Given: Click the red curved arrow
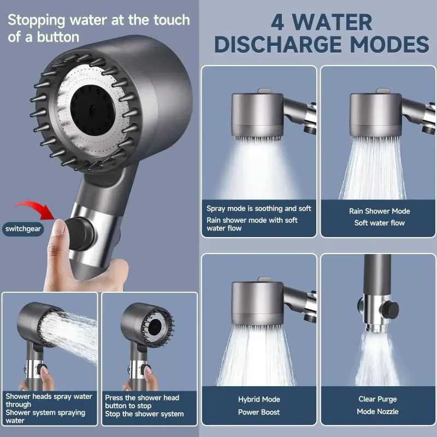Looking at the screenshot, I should coord(33,208).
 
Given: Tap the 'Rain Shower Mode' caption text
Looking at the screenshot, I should coord(379,211).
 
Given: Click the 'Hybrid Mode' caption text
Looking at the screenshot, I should coord(259,399).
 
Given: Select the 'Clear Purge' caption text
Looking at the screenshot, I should coord(377,399).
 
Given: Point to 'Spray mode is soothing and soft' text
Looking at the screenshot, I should coord(259,208).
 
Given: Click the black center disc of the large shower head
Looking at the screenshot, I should coord(94,102).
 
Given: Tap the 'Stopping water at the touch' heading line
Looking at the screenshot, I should coord(98,20).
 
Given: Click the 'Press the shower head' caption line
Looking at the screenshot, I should coord(142,398).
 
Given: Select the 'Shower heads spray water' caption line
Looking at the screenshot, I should coord(49,396).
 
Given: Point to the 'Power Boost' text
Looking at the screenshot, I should coord(259,412).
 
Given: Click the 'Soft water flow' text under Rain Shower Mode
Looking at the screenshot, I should coord(379,223).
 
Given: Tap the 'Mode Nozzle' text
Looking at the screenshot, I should coord(377,411).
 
